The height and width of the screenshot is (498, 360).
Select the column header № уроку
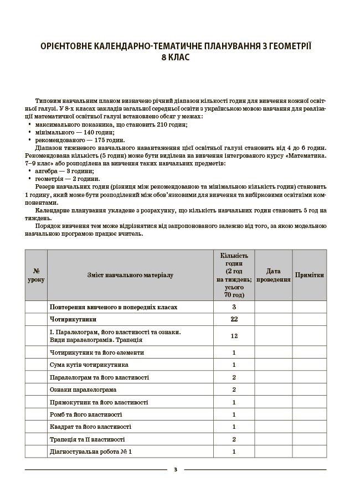tap(36, 275)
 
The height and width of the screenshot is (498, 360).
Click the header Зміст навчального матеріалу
tap(130, 275)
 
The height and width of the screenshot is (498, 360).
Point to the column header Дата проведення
tap(273, 275)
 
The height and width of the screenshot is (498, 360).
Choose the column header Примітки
tap(310, 275)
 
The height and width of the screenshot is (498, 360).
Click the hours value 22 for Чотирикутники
tap(234, 319)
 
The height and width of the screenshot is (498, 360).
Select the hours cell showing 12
tap(234, 336)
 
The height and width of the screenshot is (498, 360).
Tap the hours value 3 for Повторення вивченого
tap(234, 307)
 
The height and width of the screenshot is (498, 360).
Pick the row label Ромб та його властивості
tap(86, 414)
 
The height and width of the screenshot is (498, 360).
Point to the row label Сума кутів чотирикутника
tap(89, 365)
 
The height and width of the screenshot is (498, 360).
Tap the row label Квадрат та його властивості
tap(90, 427)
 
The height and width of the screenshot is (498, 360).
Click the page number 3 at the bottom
tap(175, 470)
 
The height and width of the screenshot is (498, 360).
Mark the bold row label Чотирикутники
tap(73, 319)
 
